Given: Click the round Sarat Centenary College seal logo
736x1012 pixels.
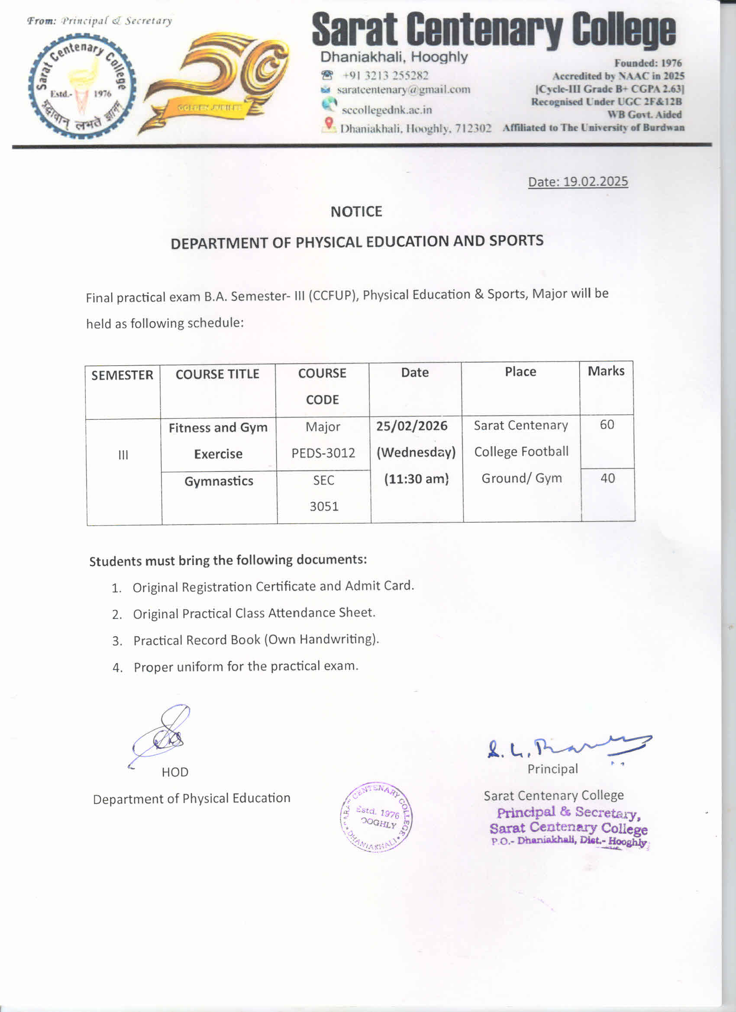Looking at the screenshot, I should point(82,86).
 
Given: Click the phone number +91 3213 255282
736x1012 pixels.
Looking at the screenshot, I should point(385,75).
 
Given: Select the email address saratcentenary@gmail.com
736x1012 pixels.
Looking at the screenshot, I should point(404,90).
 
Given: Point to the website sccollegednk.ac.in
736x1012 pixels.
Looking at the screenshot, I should point(387,110).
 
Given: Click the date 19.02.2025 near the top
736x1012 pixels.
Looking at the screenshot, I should point(595,182).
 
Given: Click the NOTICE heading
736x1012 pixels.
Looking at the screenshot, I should point(356,212).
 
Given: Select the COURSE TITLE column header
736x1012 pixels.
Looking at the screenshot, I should point(217,374).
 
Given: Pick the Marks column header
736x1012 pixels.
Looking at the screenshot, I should point(606,371).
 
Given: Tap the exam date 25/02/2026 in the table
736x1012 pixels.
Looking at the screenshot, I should point(412,425).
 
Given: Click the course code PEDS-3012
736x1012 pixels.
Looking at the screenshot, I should point(323,453).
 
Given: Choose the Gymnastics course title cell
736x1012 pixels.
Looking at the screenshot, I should point(219,481).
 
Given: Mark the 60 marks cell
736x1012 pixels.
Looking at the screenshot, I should point(607,424).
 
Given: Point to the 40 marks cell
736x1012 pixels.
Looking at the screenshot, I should point(607,478).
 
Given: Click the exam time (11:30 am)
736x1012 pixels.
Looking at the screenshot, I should point(416,479).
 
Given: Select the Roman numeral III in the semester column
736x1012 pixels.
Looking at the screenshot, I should point(123,455).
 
